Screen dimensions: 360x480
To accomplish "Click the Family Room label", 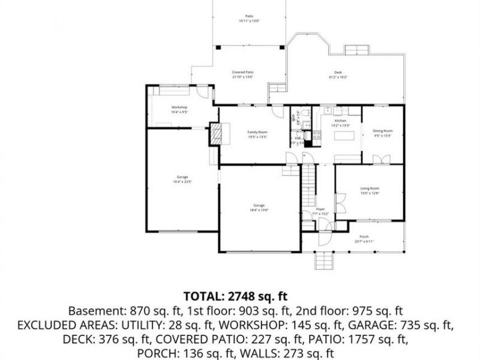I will [257, 132].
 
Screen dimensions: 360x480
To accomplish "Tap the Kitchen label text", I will [340, 121].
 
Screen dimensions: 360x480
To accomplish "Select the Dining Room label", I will [383, 131].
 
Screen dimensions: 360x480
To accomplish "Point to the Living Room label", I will [370, 188].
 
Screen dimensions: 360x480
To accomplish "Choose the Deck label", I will [338, 73].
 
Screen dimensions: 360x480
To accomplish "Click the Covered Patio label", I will [242, 72].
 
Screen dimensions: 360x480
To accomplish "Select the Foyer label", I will [320, 209].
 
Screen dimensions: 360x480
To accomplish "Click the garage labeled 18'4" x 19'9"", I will [259, 206].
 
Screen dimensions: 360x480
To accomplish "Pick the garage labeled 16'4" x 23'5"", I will [182, 177].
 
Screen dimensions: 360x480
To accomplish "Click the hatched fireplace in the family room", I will [215, 134].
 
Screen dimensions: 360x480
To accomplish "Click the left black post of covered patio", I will [218, 46].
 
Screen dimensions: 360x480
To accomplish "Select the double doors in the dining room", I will [377, 159].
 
